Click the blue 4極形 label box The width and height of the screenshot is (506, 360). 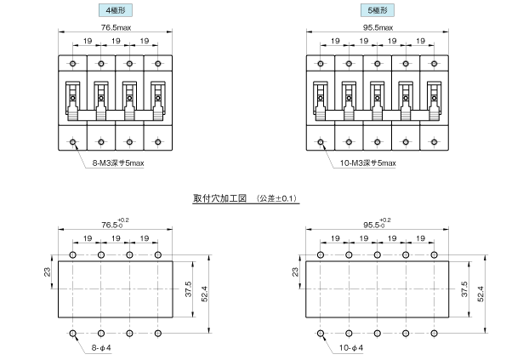point(115,10)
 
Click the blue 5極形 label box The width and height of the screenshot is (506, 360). point(378,10)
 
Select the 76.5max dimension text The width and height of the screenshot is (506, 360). point(116,27)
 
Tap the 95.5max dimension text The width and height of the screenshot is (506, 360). point(378,27)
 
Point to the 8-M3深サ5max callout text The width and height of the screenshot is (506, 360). point(118,163)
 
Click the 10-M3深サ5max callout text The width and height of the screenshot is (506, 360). point(368,163)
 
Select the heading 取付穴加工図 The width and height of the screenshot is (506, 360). point(219,198)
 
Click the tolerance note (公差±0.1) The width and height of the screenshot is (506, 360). point(276,198)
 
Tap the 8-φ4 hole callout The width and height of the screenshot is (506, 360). point(101,348)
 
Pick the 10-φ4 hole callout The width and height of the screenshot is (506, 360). point(350,348)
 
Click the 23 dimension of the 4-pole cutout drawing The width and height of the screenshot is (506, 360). point(48,271)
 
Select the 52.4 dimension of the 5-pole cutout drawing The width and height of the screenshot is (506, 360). point(480,294)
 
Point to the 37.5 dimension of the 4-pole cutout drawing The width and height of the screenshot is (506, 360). point(189,289)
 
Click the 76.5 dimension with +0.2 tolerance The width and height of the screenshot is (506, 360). point(115,224)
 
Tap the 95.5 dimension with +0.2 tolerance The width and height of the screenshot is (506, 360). point(377,224)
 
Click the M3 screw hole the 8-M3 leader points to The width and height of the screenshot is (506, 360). point(72,142)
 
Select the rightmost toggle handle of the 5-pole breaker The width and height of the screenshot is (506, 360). point(434,101)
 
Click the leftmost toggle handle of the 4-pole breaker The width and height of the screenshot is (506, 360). point(72,101)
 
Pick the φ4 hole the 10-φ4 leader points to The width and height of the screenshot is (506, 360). point(321,334)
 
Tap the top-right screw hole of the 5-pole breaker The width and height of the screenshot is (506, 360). point(434,64)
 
